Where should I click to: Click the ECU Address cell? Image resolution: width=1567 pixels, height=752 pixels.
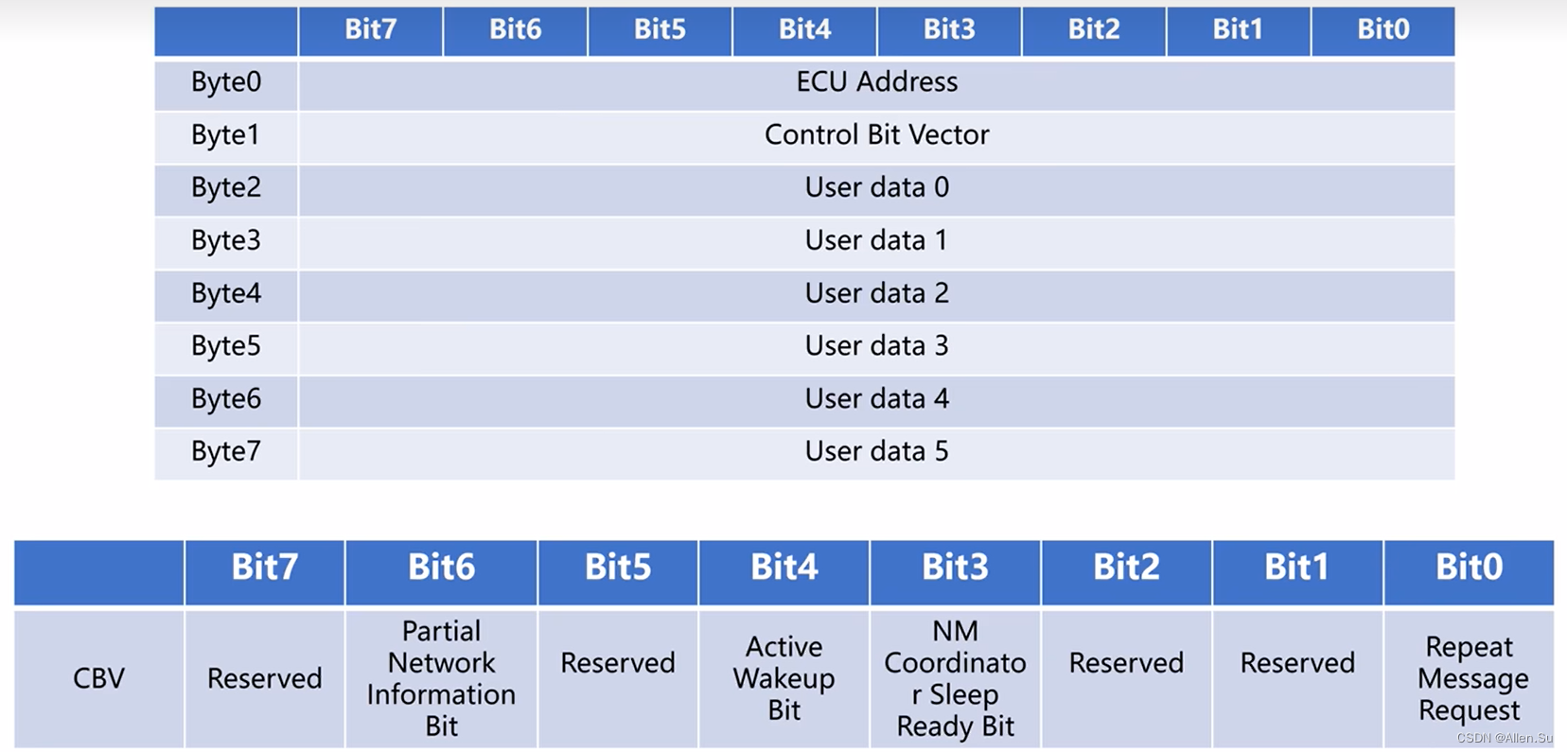click(876, 82)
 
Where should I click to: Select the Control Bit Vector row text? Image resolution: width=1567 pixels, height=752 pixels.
click(876, 135)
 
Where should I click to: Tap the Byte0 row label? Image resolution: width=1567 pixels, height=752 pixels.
click(226, 82)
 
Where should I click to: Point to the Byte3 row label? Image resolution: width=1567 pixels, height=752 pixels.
click(226, 240)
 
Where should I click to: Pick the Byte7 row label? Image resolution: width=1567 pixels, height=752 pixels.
click(226, 451)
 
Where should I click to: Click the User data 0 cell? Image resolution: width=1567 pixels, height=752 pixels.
click(876, 187)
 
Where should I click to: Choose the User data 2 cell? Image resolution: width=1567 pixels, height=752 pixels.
click(876, 293)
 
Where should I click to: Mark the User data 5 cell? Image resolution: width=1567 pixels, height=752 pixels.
click(876, 451)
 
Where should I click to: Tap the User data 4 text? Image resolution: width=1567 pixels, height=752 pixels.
click(876, 398)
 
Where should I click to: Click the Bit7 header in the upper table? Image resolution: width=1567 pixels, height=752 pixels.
click(370, 29)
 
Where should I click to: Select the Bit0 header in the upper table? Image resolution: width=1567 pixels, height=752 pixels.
click(1382, 29)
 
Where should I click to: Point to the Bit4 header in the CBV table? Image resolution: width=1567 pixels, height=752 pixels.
click(783, 568)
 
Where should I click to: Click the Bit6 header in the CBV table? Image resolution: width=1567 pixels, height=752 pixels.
click(441, 568)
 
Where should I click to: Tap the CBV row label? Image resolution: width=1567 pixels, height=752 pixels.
click(98, 678)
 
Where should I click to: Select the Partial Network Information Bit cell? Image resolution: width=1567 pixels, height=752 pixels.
click(441, 678)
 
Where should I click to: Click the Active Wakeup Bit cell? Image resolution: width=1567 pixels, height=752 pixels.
click(783, 678)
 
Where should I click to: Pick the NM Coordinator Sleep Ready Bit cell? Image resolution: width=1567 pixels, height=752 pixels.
click(955, 678)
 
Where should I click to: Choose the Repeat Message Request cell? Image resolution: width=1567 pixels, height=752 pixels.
click(1469, 678)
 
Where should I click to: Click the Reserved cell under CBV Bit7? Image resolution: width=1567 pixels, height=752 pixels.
click(264, 678)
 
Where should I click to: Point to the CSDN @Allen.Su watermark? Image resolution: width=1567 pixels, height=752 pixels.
click(1504, 738)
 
